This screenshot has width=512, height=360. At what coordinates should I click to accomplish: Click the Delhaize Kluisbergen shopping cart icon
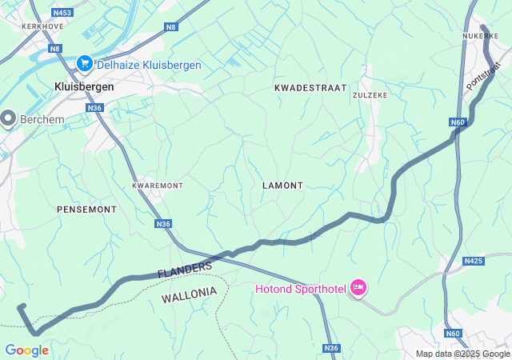click(x=84, y=63)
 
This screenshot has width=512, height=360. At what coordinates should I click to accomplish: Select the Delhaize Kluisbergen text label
click(x=148, y=65)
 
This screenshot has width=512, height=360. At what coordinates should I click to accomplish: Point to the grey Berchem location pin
click(x=9, y=119)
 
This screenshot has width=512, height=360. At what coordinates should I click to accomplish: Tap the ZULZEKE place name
click(x=370, y=94)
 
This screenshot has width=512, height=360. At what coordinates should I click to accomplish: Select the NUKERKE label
click(x=480, y=36)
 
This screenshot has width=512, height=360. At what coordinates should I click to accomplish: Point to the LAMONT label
click(x=282, y=186)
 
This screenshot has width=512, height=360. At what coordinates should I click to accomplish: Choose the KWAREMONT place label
click(x=158, y=186)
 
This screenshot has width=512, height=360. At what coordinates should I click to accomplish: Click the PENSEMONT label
click(x=86, y=209)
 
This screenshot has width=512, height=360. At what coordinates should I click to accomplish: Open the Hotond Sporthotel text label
click(x=300, y=289)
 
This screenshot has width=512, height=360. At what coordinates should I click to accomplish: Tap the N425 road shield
click(x=474, y=261)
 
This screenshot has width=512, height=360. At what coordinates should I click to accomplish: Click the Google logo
click(x=26, y=350)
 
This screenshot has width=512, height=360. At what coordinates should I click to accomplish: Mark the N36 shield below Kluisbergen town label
click(x=95, y=108)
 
